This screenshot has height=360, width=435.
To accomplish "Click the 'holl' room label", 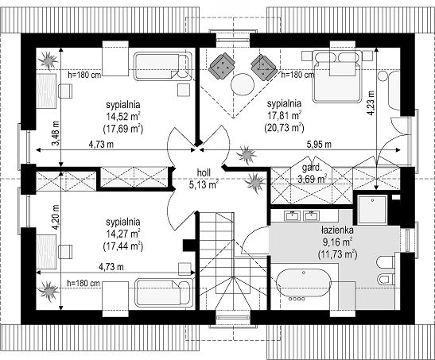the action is pyautogui.click(x=204, y=172).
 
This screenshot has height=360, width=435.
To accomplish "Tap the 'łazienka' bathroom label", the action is pyautogui.click(x=337, y=230).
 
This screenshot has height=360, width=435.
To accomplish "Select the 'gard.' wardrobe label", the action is pyautogui.click(x=312, y=168).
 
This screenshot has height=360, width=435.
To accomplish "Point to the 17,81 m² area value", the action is pyautogui.click(x=284, y=115).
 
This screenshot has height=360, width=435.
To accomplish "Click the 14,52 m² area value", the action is pyautogui.click(x=123, y=116).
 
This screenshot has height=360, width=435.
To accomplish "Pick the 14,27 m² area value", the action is pyautogui.click(x=123, y=234).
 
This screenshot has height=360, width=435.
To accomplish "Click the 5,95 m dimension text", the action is pyautogui.click(x=319, y=144).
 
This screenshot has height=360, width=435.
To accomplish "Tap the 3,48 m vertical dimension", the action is pyautogui.click(x=56, y=134).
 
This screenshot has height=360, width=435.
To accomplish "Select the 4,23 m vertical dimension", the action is pyautogui.click(x=371, y=103).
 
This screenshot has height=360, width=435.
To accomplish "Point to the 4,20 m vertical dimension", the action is pyautogui.click(x=56, y=217).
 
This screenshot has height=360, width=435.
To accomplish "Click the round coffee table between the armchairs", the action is pyautogui.click(x=243, y=84).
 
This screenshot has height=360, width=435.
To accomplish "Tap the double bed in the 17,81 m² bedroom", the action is pyautogui.click(x=338, y=76).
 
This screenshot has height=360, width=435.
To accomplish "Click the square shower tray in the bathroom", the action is pyautogui.click(x=372, y=210).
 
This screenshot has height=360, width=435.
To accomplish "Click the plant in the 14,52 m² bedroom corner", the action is pyautogui.click(x=49, y=60).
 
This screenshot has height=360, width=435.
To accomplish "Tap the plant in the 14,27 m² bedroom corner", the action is pyautogui.click(x=49, y=291).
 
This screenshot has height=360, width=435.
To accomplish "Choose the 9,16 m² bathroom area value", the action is pyautogui.click(x=337, y=242).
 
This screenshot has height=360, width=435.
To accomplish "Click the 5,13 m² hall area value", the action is pyautogui.click(x=204, y=184).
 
